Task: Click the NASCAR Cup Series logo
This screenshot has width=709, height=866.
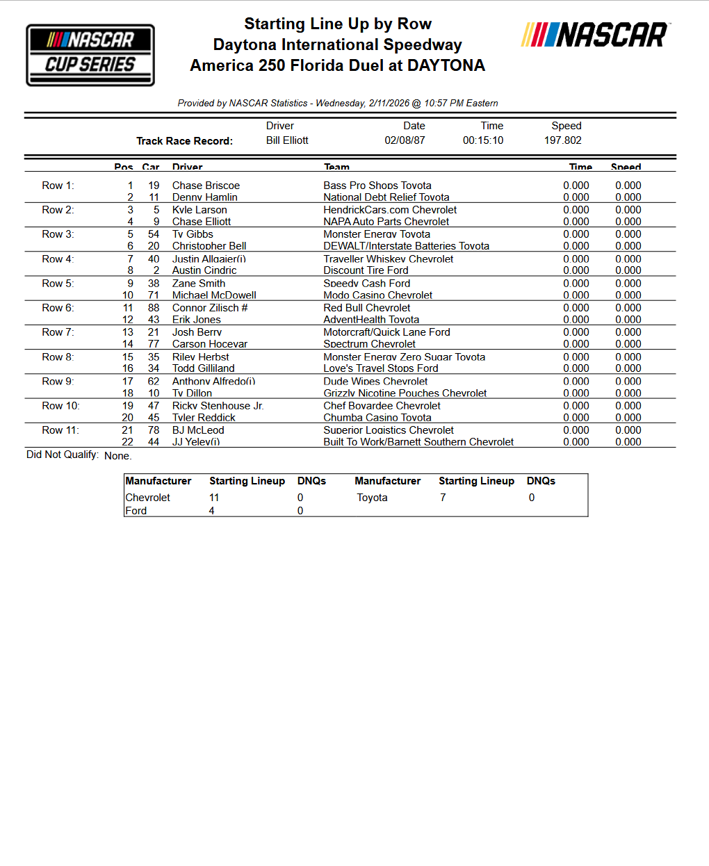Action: [x=90, y=55]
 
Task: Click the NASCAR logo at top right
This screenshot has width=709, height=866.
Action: [x=595, y=35]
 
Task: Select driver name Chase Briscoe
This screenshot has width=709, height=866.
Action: [x=206, y=186]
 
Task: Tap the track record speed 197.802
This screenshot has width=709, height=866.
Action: [x=562, y=140]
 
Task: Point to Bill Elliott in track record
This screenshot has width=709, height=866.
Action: [x=287, y=140]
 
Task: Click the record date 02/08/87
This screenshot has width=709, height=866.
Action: [x=405, y=140]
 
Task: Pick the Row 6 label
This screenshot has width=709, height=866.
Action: [x=58, y=308]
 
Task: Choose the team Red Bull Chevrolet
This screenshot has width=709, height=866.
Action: [x=366, y=308]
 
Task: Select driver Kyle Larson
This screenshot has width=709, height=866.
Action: [x=199, y=210]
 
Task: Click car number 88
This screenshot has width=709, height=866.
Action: [x=154, y=308]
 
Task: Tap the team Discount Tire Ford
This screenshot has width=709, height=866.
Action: [x=366, y=270]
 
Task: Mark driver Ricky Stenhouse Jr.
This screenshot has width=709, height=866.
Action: [x=218, y=406]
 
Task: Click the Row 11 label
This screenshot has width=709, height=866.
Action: [x=60, y=430]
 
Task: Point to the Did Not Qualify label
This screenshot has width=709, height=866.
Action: [x=63, y=455]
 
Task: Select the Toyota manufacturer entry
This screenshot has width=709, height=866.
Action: [x=372, y=498]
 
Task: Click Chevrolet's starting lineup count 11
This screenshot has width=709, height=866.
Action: [x=214, y=498]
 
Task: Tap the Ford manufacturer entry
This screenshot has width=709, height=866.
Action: [x=136, y=511]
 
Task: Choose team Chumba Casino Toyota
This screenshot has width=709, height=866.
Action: [x=377, y=418]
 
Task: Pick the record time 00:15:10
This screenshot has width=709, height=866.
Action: [x=483, y=140]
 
